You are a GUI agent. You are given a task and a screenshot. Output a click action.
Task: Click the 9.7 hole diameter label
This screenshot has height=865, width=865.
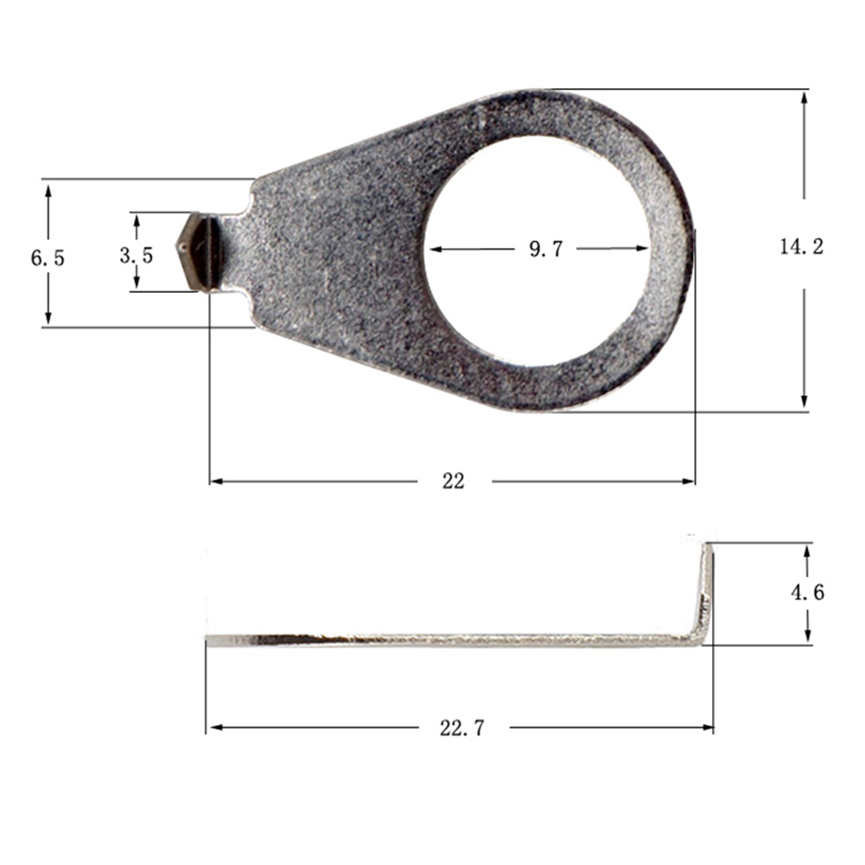pyautogui.click(x=545, y=250)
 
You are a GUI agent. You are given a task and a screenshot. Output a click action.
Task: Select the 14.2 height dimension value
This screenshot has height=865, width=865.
pyautogui.click(x=801, y=247)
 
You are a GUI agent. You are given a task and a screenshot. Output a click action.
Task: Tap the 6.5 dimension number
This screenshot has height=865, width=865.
pyautogui.click(x=48, y=257)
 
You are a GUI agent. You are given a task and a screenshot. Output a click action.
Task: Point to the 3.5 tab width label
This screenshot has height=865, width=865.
pyautogui.click(x=137, y=255)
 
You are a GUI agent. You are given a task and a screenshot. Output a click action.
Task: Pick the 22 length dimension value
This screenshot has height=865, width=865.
pyautogui.click(x=453, y=481)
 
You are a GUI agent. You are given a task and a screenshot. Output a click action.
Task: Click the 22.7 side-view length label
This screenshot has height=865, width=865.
pyautogui.click(x=462, y=728)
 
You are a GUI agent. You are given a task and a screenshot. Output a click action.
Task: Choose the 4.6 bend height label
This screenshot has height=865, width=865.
pyautogui.click(x=807, y=593)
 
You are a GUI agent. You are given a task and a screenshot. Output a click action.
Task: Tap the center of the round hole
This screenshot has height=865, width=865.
pyautogui.click(x=537, y=251)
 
